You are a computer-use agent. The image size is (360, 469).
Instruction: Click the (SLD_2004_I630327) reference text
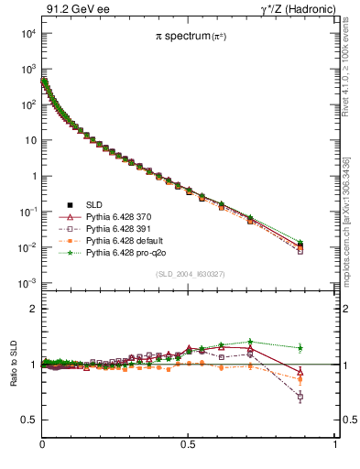click(x=189, y=274)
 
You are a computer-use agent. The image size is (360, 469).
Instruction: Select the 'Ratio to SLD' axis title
click(x=11, y=365)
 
